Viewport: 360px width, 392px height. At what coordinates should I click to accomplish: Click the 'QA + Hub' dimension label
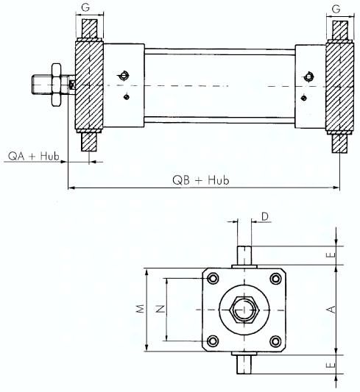tap(34, 156)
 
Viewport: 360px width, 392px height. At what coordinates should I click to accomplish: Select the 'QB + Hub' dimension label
tap(201, 180)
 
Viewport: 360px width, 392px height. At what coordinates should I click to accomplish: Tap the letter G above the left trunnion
tap(85, 8)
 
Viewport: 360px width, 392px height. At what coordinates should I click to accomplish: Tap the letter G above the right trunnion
tap(336, 9)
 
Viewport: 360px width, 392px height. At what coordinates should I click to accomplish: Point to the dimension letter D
tap(265, 216)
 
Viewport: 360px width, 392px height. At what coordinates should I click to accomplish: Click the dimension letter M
tap(141, 308)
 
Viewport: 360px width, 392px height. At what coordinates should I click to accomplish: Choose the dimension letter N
tap(160, 309)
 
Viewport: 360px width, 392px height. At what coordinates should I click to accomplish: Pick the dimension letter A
tap(331, 310)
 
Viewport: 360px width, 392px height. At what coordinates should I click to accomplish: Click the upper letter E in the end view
tap(331, 255)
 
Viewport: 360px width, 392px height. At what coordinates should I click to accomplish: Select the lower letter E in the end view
tap(331, 366)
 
